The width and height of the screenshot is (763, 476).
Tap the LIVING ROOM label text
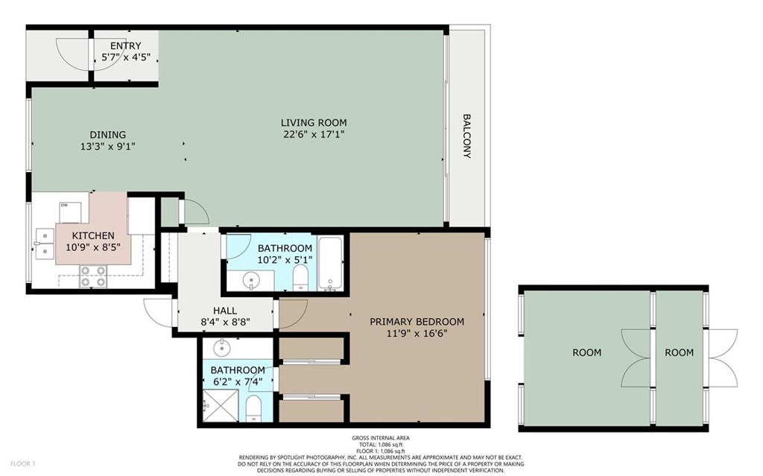pyautogui.click(x=313, y=123)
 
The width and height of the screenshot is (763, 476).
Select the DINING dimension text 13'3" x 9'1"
pyautogui.click(x=108, y=147)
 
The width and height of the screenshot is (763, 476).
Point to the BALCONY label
pyautogui.click(x=467, y=136)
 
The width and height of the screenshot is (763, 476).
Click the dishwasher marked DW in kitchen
pyautogui.click(x=73, y=211)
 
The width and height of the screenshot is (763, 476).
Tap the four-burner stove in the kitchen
pyautogui.click(x=91, y=281)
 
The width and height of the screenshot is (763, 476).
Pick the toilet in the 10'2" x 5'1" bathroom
pyautogui.click(x=300, y=278)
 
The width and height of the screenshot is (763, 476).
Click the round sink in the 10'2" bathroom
pyautogui.click(x=253, y=281)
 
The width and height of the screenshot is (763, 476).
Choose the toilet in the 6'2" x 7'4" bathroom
pyautogui.click(x=253, y=409)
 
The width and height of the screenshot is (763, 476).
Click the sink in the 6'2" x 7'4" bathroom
pyautogui.click(x=221, y=348)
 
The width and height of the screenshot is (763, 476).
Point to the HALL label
pyautogui.click(x=224, y=311)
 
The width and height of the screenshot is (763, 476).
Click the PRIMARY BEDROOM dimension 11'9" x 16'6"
pyautogui.click(x=417, y=334)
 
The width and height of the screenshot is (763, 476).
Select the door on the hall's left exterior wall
pyautogui.click(x=158, y=311)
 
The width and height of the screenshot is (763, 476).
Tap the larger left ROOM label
pyautogui.click(x=586, y=352)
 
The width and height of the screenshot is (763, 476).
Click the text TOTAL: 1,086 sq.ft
pyautogui.click(x=380, y=444)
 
